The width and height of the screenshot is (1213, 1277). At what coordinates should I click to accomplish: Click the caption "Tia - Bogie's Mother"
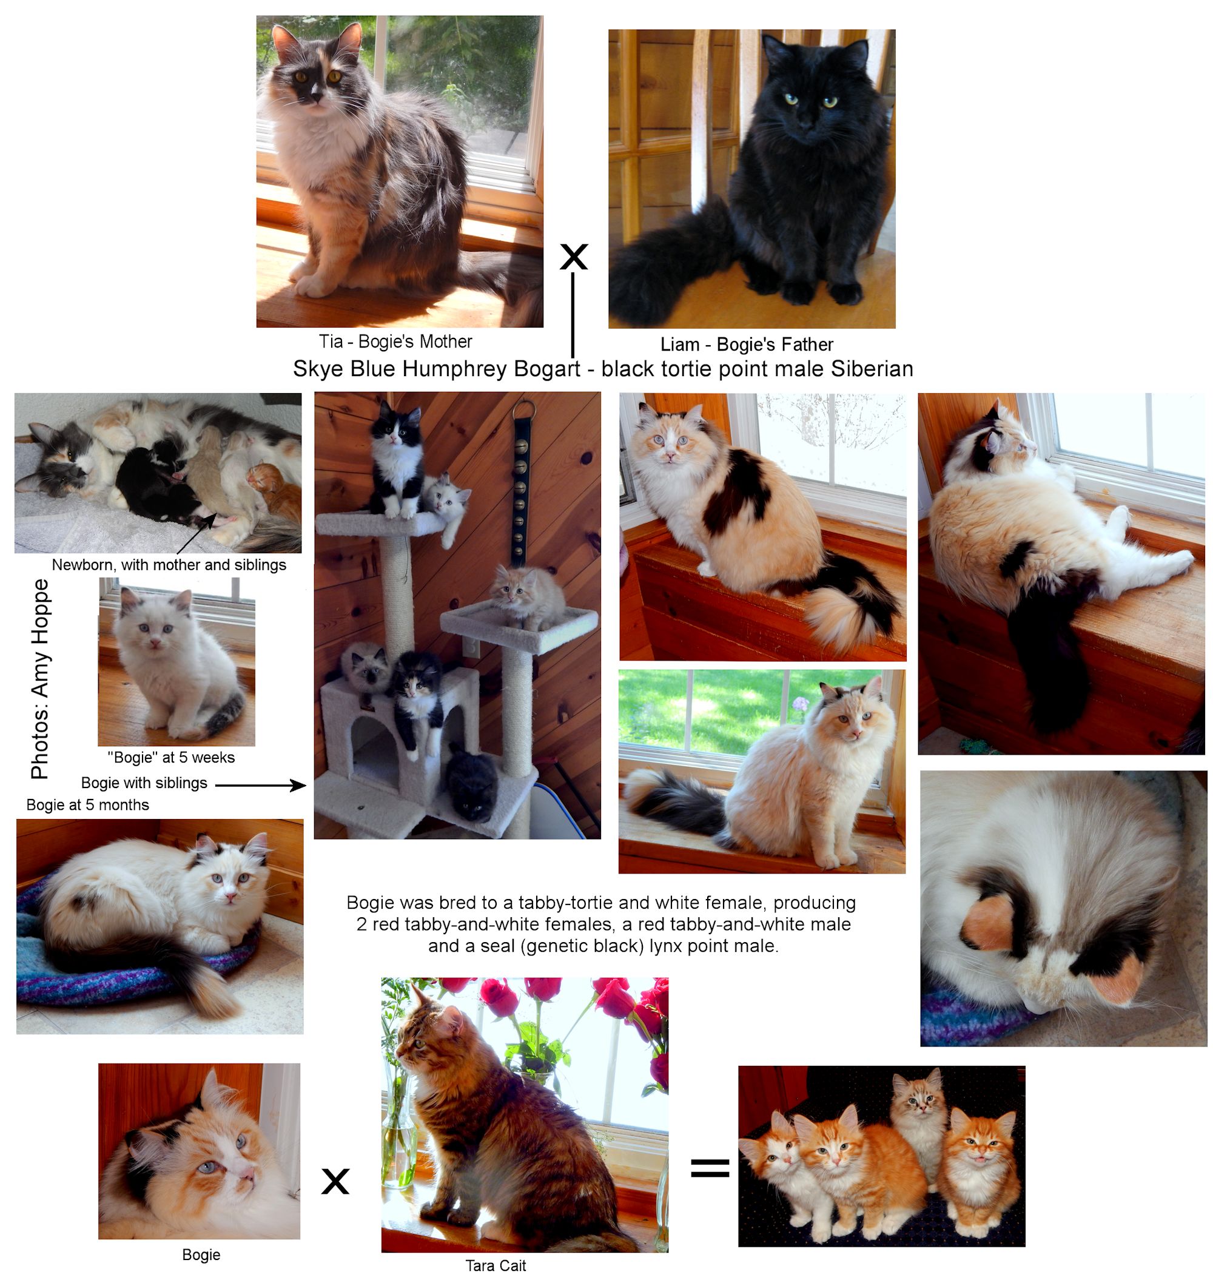395,342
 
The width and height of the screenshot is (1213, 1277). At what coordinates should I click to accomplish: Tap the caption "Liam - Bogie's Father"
746,344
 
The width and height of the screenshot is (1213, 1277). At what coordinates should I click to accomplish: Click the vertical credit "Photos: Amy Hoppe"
40,678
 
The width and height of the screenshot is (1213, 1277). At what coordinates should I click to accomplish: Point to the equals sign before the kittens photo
710,1168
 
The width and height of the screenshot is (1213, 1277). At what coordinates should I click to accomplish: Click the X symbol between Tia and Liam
573,256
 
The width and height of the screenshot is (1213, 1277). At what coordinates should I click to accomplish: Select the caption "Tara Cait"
496,1265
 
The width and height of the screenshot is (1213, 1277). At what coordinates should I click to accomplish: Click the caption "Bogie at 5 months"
87,805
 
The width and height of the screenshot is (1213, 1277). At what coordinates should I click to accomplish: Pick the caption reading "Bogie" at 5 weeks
170,757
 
